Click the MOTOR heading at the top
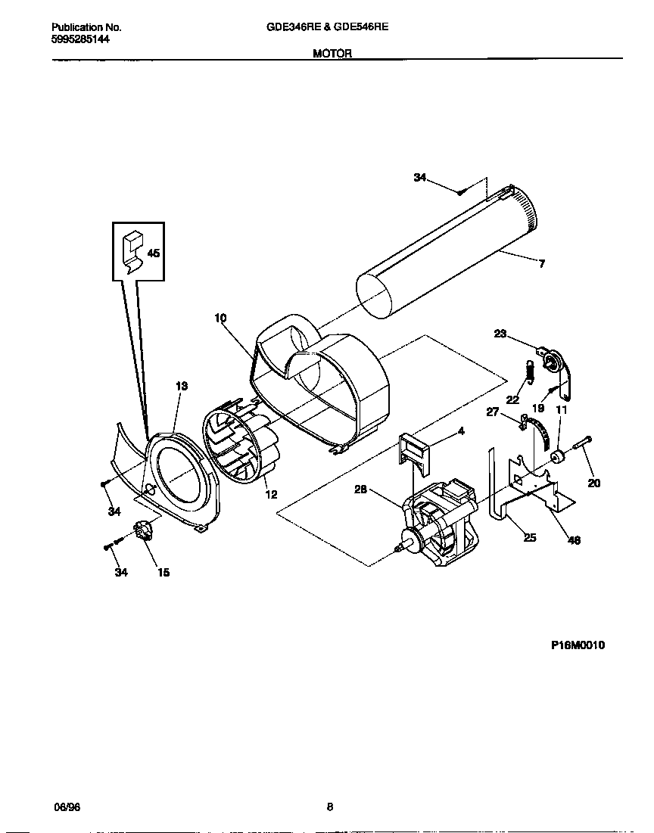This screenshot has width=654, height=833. pos(332,54)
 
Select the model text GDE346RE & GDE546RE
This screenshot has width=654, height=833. pos(327,26)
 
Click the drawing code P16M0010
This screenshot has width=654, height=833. pos(577,645)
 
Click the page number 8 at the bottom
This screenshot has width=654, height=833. pos(329,807)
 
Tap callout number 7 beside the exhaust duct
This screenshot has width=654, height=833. pos(541,264)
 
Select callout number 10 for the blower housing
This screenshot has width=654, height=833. pos(220,319)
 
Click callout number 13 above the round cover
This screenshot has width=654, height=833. pos(181,386)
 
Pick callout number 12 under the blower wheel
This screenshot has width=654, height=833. pos(270,494)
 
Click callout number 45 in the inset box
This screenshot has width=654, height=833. pos(153,253)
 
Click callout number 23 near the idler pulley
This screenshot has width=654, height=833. pos(500,333)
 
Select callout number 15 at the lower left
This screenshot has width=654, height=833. pos(163,572)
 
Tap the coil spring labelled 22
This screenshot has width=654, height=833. pos(531,371)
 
